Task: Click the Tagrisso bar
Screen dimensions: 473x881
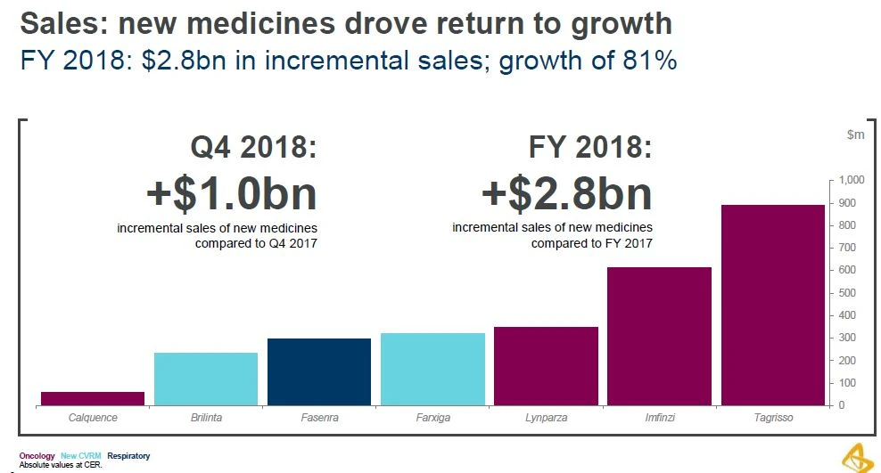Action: pos(772,306)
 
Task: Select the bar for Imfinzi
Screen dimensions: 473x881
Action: pos(659,337)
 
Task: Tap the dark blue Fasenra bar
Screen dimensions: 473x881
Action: pos(320,372)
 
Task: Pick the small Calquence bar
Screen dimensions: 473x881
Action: pos(93,398)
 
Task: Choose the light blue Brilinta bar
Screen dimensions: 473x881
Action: pos(206,379)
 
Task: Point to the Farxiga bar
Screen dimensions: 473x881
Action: pos(432,370)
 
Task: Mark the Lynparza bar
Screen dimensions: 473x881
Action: pos(546,366)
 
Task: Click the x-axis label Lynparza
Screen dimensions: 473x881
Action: pos(546,418)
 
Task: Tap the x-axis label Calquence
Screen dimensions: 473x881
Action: pos(93,418)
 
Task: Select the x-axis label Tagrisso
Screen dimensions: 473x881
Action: pos(772,418)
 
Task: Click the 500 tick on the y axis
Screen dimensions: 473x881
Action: pos(849,293)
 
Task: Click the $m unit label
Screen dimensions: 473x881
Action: pos(854,135)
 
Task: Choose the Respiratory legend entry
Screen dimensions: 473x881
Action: pos(128,456)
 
